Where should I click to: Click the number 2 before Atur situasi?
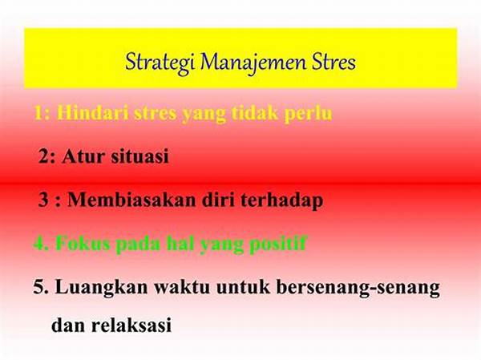[44, 156]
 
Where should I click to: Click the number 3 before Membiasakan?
[44, 200]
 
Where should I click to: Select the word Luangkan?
[95, 289]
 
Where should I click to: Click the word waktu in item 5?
[172, 289]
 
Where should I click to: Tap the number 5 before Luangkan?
[39, 289]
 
